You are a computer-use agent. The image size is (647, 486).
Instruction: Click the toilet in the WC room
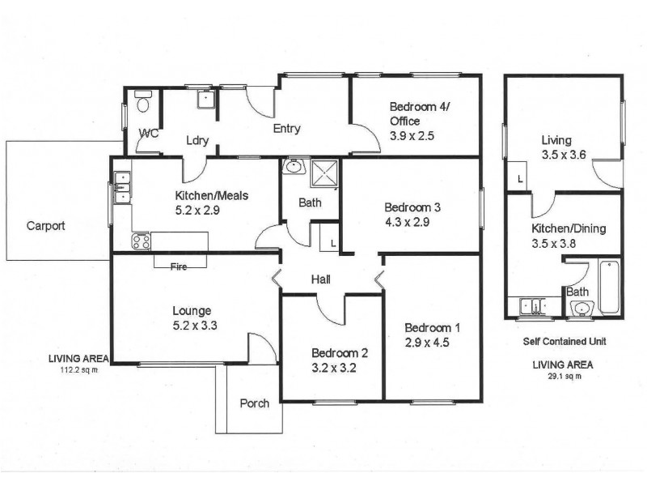[x=143, y=103]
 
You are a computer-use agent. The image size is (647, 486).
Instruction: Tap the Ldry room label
[x=197, y=140]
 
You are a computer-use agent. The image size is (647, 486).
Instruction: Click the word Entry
[x=286, y=128]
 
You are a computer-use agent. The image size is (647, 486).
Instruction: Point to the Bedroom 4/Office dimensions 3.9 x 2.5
[x=412, y=136]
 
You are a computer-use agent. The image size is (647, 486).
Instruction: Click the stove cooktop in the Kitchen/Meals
[x=141, y=241]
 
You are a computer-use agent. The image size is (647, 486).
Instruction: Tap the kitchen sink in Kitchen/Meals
[x=122, y=185]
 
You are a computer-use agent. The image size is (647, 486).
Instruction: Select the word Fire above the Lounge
[x=180, y=266]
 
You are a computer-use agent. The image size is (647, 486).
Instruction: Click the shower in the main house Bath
[x=322, y=173]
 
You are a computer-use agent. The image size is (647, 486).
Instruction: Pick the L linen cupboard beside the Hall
[x=329, y=241]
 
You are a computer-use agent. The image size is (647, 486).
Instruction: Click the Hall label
[x=321, y=280]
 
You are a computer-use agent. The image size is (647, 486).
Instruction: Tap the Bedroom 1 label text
[x=432, y=327]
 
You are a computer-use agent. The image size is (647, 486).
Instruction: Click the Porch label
[x=254, y=403]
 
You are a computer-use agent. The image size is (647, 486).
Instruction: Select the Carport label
[x=45, y=226]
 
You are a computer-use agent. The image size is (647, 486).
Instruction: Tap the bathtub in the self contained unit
[x=609, y=286]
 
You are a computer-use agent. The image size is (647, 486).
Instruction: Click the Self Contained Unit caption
[x=564, y=341]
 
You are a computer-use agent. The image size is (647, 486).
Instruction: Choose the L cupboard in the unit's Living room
[x=518, y=177]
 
